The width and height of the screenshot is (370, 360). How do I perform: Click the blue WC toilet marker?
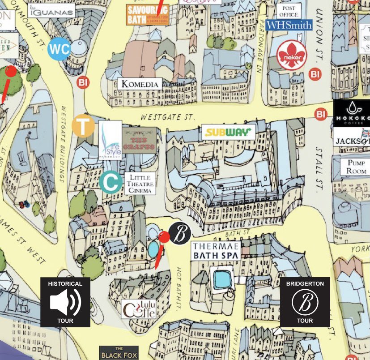point(59,49)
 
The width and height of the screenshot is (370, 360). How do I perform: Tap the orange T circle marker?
point(83,125)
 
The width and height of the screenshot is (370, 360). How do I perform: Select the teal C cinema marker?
point(111,182)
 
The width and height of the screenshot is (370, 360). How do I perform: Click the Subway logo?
point(228,132)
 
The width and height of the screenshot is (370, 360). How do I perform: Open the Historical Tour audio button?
point(65,302)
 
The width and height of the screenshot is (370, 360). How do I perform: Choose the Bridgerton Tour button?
point(305,302)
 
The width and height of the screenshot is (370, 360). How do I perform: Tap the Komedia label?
point(140,84)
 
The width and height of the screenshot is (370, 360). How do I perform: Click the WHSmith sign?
point(289,25)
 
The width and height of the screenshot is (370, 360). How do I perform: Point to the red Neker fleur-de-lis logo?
point(292,55)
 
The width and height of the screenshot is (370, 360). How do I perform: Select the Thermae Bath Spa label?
point(216,251)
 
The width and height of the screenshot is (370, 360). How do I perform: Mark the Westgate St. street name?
point(168,117)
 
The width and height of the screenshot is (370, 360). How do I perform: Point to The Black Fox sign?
point(119,353)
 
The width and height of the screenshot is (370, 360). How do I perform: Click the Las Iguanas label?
point(51,11)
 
